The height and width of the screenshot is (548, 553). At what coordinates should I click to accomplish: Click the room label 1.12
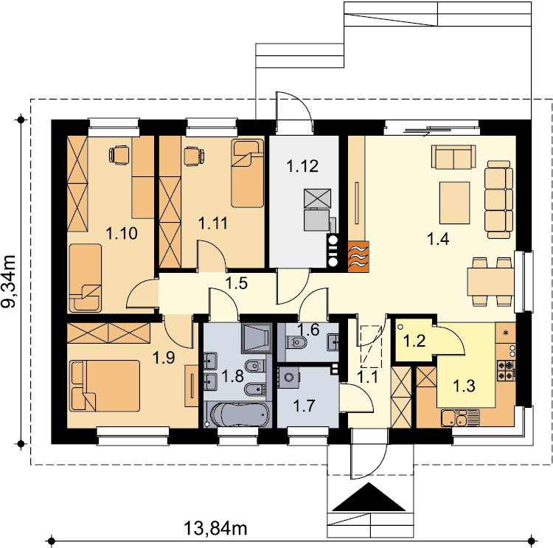pos(302,166)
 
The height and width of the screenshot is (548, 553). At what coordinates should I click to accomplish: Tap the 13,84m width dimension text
pos(215,529)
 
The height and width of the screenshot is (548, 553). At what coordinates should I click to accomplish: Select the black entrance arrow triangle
pos(369,497)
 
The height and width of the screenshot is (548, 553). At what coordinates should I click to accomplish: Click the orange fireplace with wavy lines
pos(358,257)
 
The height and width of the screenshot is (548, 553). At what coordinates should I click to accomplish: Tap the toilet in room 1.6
pos(296,342)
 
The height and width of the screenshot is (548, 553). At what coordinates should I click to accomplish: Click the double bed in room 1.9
pos(105,386)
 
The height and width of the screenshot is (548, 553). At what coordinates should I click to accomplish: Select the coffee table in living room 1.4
pos(455,203)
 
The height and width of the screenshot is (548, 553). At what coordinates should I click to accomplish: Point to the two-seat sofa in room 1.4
pos(453,156)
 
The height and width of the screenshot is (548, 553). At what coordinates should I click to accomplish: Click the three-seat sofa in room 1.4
pos(498,199)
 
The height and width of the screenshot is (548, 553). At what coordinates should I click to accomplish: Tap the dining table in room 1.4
pos(491,282)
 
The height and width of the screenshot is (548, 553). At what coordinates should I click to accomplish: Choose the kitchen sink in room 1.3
pos(460,417)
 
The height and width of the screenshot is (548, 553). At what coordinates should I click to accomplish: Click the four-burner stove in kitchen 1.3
pos(507,370)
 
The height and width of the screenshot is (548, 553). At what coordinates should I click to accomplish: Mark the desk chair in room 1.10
pos(119,155)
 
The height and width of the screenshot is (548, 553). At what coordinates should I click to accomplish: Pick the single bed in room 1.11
pos(247,173)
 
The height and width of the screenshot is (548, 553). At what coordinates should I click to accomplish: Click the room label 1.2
pos(414,341)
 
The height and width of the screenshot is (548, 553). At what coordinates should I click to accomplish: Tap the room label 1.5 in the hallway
pos(236,283)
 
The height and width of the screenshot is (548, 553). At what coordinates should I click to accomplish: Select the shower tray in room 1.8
pos(257,338)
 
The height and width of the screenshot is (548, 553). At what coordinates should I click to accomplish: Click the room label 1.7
pos(304,406)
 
